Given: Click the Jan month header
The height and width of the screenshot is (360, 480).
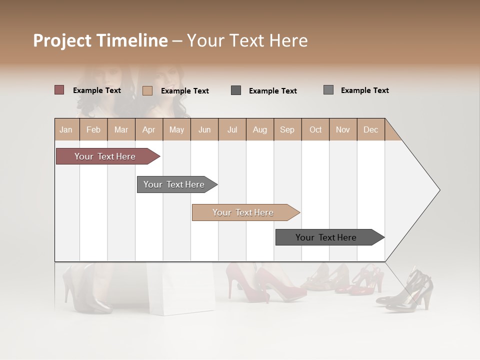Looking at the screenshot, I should point(66,130).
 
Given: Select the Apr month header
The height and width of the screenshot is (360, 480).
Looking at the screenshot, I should point(149,130).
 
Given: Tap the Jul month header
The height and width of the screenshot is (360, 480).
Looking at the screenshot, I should point(232,130).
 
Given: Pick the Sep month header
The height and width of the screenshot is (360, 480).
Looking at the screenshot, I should point(287,130).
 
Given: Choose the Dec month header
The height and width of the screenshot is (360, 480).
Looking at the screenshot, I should point(370,130).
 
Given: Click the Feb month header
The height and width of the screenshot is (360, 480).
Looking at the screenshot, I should point(93,130).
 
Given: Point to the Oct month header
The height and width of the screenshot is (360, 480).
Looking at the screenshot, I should point(315,130).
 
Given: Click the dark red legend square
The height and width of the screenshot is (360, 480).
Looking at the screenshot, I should point(59,90).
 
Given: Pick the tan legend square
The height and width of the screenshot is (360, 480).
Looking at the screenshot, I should point(147,90).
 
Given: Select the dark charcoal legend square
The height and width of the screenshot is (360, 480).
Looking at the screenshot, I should point(236,90).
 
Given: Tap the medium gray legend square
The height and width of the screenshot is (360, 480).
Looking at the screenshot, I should point(328,90).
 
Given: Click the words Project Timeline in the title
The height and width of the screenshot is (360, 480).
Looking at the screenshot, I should point(100,40).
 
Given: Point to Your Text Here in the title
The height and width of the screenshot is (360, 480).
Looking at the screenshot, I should point(247,40).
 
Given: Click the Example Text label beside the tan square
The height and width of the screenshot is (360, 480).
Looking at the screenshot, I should point(185,91).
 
